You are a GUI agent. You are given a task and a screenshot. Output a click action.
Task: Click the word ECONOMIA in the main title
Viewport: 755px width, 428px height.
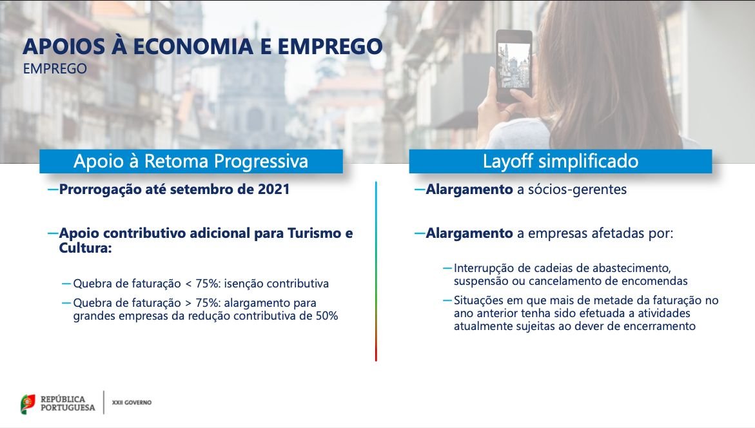coord(193,46)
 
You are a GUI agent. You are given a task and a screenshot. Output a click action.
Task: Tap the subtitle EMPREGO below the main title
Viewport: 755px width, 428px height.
coord(55,69)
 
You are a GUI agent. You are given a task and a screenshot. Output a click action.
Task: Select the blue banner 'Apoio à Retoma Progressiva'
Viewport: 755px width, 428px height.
coord(191,160)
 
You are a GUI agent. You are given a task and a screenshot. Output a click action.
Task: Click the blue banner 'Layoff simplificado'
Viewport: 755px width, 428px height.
coord(560,160)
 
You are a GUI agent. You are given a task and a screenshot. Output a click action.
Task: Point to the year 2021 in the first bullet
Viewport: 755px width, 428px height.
coord(273,190)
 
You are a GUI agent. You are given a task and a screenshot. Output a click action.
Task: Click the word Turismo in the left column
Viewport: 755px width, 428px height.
coord(315,233)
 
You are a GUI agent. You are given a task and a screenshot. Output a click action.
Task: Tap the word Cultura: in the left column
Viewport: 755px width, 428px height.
coord(85,248)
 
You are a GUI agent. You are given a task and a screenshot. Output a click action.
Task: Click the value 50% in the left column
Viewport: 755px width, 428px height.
coord(327,316)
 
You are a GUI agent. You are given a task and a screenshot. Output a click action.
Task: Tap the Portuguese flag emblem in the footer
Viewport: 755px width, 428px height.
coord(28,404)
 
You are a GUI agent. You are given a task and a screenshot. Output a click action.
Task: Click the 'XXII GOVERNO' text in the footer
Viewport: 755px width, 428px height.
coord(132,402)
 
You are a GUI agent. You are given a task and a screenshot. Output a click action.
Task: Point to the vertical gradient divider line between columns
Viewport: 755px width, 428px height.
coord(376,271)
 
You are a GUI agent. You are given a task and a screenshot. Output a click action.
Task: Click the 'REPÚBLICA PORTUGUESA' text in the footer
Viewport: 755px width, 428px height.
coord(68,404)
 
